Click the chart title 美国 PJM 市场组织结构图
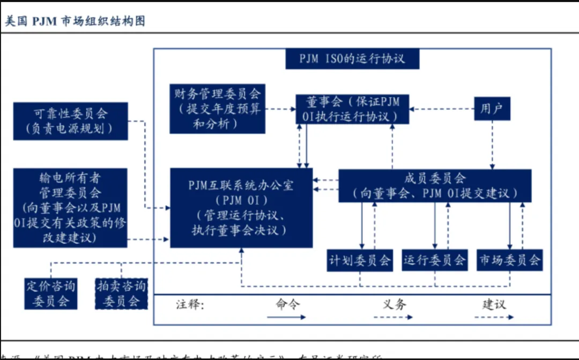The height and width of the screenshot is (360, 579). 75,21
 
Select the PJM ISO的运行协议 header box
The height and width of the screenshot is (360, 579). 352,58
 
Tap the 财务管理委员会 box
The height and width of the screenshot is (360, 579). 217,109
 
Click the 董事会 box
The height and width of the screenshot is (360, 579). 352,109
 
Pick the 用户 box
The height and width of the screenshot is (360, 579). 492,109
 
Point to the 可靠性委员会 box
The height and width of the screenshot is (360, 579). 70,121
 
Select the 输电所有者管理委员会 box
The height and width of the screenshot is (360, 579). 70,208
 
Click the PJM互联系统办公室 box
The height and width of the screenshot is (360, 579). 241,208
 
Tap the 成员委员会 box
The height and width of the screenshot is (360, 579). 435,185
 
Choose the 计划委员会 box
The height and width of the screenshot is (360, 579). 360,260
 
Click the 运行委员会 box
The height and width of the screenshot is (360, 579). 434,260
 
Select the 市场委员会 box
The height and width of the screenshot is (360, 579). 509,260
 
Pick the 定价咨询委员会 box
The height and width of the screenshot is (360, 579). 51,293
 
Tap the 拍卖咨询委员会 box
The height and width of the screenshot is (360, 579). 121,293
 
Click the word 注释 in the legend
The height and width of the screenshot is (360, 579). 190,305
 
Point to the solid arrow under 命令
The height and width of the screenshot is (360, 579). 286,317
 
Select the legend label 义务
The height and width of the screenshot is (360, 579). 394,304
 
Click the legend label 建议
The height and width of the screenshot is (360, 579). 494,304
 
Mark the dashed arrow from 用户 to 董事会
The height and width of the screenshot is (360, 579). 441,109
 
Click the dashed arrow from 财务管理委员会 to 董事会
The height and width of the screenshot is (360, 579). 280,109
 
